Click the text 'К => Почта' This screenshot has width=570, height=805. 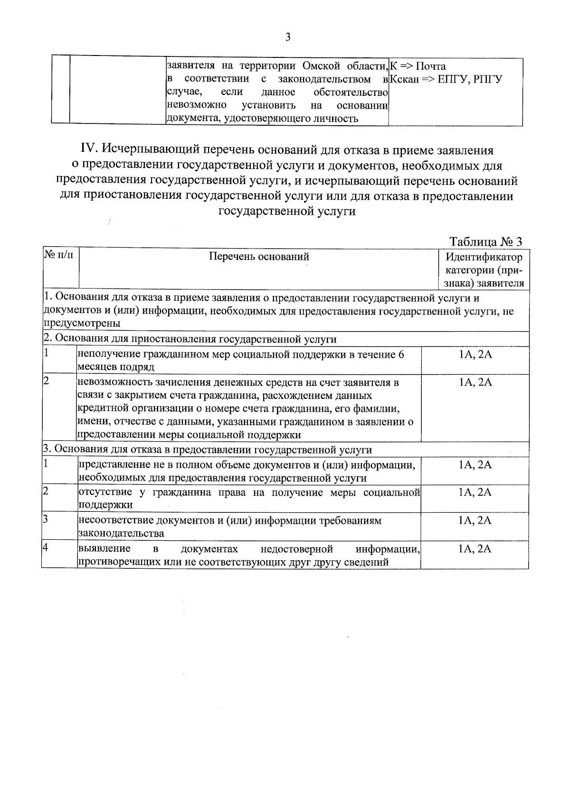pyautogui.click(x=418, y=66)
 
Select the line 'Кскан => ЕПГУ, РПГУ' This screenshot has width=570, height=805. pyautogui.click(x=446, y=79)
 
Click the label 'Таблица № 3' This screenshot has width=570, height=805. pyautogui.click(x=485, y=241)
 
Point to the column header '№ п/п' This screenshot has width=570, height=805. pyautogui.click(x=59, y=256)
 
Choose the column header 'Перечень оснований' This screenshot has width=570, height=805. pyautogui.click(x=259, y=257)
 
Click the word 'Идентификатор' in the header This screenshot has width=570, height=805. pyautogui.click(x=484, y=257)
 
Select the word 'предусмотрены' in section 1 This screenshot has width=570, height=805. pyautogui.click(x=82, y=323)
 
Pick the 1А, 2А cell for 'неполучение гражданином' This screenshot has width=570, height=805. pyautogui.click(x=475, y=354)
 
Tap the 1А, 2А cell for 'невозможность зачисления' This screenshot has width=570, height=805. pyautogui.click(x=475, y=382)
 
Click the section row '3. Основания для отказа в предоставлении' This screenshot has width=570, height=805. pyautogui.click(x=208, y=449)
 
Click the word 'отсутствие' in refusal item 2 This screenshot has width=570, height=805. pyautogui.click(x=102, y=492)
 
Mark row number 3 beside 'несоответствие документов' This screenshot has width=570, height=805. pyautogui.click(x=46, y=519)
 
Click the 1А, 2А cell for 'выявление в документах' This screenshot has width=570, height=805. pyautogui.click(x=475, y=549)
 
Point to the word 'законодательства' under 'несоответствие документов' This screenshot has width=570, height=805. pyautogui.click(x=121, y=533)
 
